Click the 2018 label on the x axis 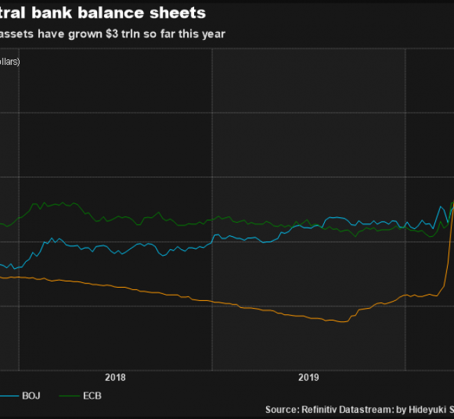click(115, 378)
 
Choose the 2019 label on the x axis click(309, 378)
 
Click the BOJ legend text click(30, 396)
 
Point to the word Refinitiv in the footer click(321, 409)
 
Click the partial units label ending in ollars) click(10, 61)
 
